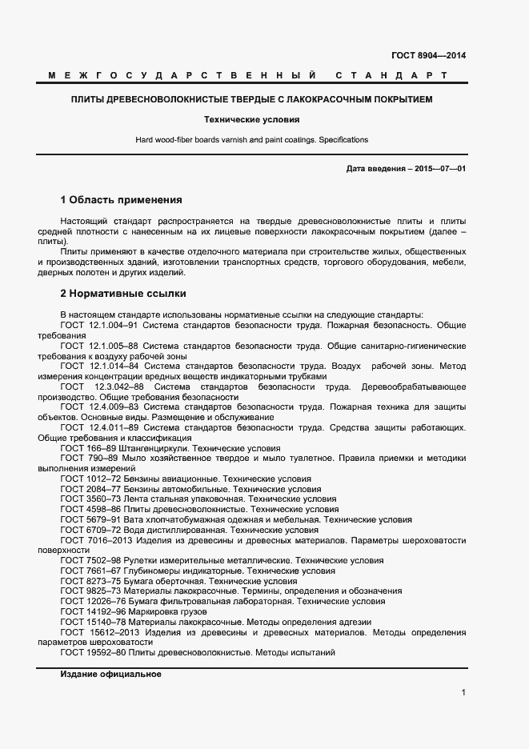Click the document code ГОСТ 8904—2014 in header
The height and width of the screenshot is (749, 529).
[428, 55]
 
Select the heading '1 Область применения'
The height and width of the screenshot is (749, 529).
[122, 199]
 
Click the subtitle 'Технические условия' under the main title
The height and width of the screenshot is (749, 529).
[251, 119]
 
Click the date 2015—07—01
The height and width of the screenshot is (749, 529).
[439, 170]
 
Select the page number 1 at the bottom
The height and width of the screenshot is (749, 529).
[463, 692]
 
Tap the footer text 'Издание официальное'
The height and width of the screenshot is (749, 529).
[110, 674]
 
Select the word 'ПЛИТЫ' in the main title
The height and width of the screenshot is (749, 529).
[86, 100]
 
